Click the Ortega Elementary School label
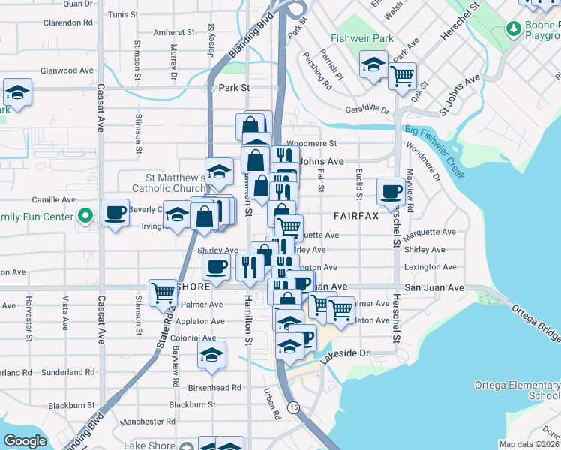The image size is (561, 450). (517, 390)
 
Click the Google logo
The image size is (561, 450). (25, 441)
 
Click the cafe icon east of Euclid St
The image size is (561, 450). (391, 191)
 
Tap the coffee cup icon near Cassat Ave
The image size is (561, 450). (115, 213)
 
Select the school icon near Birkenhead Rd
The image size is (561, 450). (212, 353)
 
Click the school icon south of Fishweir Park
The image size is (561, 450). (373, 64)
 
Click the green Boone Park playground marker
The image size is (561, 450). (514, 29)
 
